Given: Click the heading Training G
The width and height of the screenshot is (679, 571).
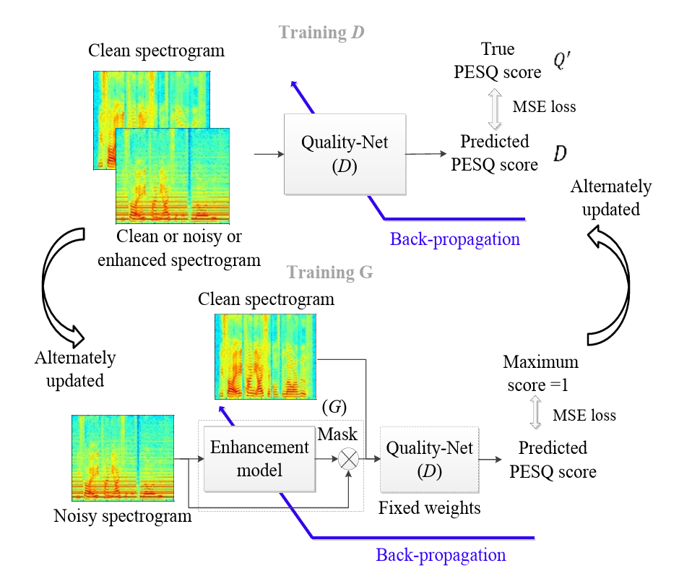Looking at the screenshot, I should [x=330, y=272].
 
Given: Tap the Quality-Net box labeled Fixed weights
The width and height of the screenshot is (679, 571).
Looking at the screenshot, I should [x=429, y=459].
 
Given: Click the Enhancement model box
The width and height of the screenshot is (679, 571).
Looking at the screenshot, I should [x=259, y=458].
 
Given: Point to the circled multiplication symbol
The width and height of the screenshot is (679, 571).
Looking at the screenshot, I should [x=350, y=459].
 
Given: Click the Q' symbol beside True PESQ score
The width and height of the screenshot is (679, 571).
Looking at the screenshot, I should [x=563, y=61].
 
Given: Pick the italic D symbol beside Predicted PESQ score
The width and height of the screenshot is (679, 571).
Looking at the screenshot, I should [x=560, y=153].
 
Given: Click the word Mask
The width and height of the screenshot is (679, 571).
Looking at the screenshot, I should [x=338, y=434].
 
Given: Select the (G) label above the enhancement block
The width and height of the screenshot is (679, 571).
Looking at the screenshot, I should [x=334, y=407].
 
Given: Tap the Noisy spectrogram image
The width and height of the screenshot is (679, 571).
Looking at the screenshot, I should [x=123, y=458].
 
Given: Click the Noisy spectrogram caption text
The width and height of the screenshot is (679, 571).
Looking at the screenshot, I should [x=123, y=516].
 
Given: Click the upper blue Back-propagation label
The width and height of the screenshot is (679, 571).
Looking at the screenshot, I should [x=455, y=239].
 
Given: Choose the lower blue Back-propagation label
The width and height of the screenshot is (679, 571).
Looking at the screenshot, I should [x=441, y=554].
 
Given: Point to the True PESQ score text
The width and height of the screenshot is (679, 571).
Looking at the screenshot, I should [x=498, y=61].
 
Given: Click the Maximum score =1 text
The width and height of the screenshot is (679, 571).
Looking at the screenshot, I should [x=540, y=373].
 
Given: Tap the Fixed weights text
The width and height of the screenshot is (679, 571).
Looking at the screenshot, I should [x=429, y=508].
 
